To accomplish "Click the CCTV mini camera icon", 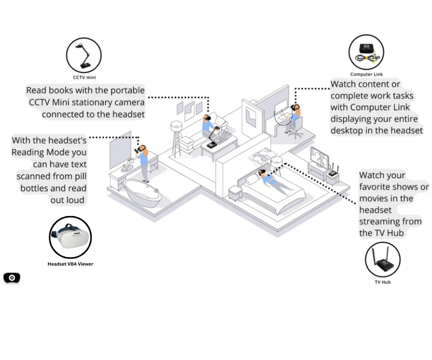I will (x=84, y=55).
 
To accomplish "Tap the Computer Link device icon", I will (x=366, y=52).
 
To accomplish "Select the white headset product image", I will (x=70, y=237).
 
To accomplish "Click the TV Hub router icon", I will (x=382, y=260).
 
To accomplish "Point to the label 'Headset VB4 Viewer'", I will (x=70, y=264).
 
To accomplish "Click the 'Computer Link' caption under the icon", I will (x=366, y=74).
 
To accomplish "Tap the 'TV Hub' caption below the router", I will (x=382, y=282).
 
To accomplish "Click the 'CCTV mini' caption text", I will (x=84, y=77).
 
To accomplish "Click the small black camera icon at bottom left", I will (x=12, y=278).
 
